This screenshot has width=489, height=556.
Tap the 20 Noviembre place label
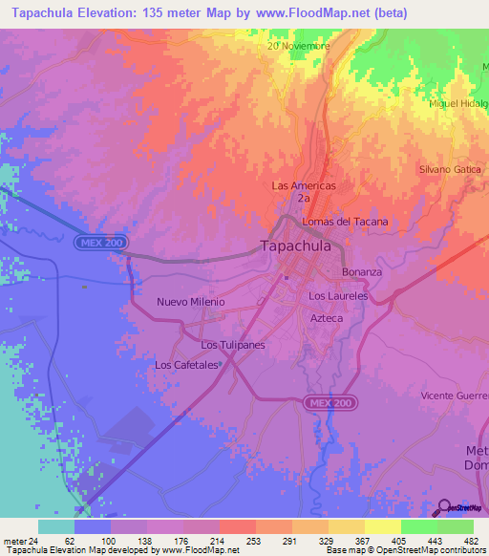(x=299, y=46)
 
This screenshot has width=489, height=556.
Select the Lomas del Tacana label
(x=345, y=222)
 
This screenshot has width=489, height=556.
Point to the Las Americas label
(x=304, y=185)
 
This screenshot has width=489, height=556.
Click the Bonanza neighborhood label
(x=362, y=272)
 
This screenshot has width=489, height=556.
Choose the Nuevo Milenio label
(x=191, y=302)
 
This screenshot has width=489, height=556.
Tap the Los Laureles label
(x=338, y=296)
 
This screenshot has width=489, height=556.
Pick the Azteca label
(x=327, y=318)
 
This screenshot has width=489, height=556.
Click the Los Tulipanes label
(x=232, y=345)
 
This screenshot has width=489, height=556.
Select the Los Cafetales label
(x=188, y=365)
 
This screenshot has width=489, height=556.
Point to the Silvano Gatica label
(x=449, y=169)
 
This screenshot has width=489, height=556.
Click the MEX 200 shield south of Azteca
(x=330, y=404)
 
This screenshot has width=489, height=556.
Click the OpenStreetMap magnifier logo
(x=446, y=507)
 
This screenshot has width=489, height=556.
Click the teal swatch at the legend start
(x=56, y=526)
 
